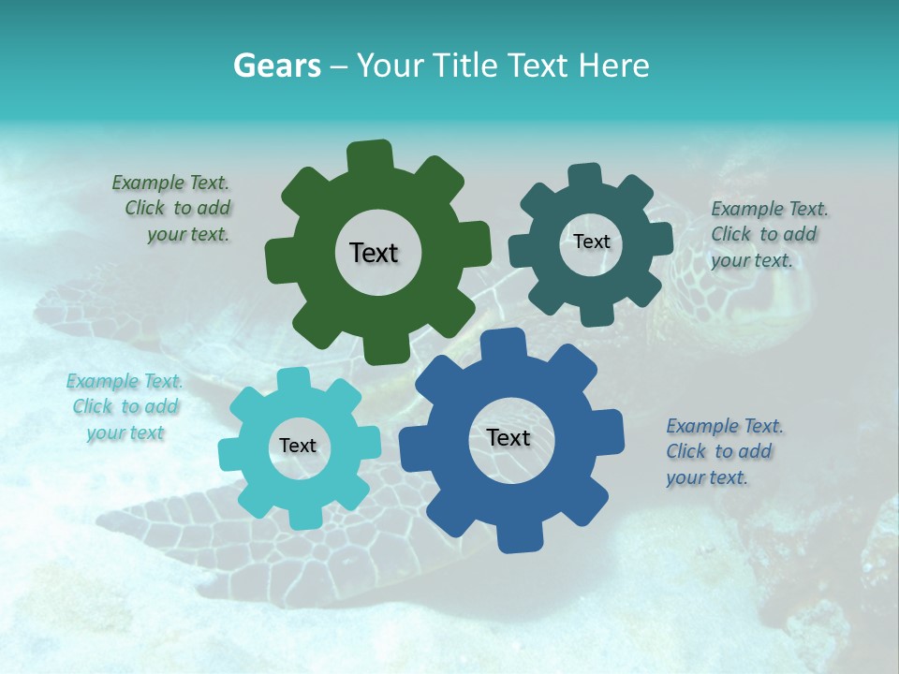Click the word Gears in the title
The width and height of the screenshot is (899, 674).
point(276,66)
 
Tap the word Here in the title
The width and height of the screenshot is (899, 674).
point(613,66)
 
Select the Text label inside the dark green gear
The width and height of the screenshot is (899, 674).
point(374,253)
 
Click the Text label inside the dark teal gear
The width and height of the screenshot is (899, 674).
point(591,242)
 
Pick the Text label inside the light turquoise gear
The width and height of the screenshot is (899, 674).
point(298,447)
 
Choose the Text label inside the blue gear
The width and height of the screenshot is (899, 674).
point(508,438)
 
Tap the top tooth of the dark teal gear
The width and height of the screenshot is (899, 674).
point(584,177)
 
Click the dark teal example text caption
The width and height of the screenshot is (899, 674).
point(768,234)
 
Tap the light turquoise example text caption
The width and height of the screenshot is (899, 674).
point(125,407)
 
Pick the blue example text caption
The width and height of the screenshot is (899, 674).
point(723,451)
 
